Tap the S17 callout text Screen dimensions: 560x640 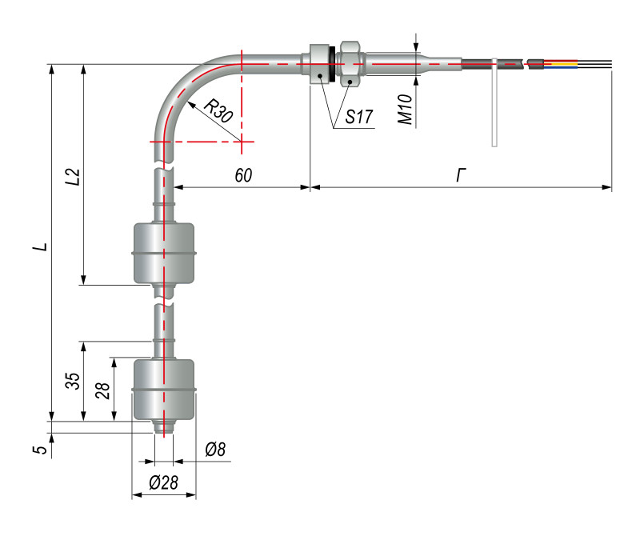360,118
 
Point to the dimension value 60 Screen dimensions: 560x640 244,175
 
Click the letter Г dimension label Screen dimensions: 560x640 460,175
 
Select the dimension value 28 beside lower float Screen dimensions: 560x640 102,390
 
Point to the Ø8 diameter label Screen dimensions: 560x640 215,450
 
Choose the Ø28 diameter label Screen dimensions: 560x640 164,482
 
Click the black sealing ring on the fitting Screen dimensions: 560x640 330,63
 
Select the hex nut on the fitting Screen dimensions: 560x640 350,63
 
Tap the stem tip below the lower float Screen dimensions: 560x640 164,427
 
